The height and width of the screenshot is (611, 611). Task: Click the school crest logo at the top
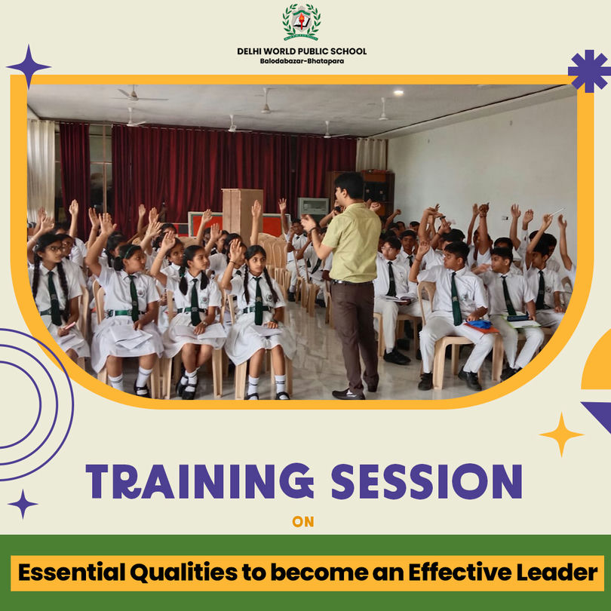[x=302, y=22]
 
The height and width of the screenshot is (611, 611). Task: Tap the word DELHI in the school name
[x=249, y=51]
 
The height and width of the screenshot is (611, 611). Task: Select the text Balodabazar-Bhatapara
[x=302, y=61]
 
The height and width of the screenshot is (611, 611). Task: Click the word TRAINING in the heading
[x=200, y=481]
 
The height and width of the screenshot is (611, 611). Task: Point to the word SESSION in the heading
[x=427, y=481]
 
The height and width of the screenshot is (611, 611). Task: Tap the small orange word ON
[x=302, y=522]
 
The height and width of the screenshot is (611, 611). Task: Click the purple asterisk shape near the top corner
[x=590, y=71]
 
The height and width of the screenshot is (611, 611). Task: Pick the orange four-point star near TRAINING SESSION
[x=561, y=434]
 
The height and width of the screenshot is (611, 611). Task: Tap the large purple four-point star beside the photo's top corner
[x=29, y=66]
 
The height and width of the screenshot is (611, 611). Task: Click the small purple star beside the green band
[x=23, y=504]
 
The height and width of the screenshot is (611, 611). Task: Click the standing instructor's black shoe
[x=348, y=394]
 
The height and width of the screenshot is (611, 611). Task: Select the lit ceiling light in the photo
[x=398, y=92]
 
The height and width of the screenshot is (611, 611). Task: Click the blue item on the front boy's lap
[x=479, y=324]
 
